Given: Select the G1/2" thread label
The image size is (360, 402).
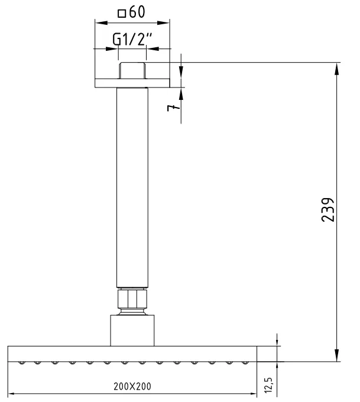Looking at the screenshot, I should click(132, 41).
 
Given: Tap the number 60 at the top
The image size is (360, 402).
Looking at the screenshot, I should click(137, 12).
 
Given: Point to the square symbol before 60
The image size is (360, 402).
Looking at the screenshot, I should click(122, 13).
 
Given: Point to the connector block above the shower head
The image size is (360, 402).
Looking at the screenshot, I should click(132, 331).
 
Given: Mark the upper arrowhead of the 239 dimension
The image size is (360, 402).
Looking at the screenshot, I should click(336, 68).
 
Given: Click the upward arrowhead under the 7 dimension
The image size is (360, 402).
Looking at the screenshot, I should click(181, 94).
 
